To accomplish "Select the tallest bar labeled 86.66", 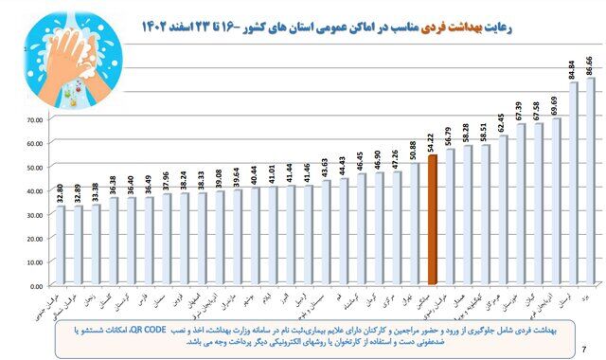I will point(591,180).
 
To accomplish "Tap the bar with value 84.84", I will point(573,185).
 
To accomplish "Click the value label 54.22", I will point(432,141).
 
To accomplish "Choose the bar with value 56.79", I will point(450,217).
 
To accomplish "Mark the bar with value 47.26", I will point(397,228).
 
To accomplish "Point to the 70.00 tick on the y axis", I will point(37,118).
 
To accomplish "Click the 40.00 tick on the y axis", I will point(37,190).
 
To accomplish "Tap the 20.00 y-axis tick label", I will point(37,238).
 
